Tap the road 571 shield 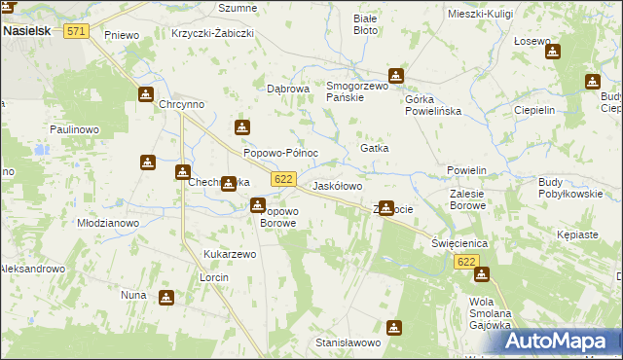point(77,31)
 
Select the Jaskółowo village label point(337,185)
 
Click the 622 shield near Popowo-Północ point(283,179)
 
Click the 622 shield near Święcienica point(467,262)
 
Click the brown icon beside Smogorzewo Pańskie point(396,76)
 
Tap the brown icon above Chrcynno point(145,94)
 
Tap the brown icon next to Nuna point(165,297)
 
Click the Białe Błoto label point(366,24)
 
